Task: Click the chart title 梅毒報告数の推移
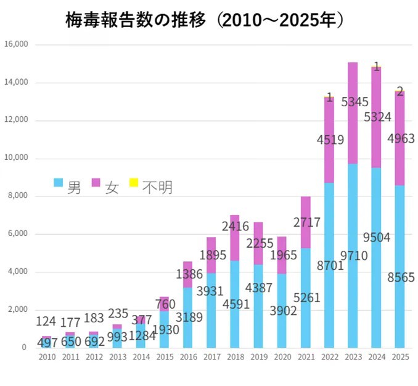(136, 20)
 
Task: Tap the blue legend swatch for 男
(59, 182)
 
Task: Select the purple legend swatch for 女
(96, 182)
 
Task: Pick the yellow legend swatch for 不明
(134, 182)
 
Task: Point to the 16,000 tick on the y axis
(16, 44)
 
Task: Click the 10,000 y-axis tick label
(16, 157)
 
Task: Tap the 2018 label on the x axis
(236, 357)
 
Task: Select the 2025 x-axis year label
(400, 357)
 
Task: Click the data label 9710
(354, 256)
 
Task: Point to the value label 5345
(355, 102)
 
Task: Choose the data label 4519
(330, 140)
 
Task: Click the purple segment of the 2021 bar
(306, 222)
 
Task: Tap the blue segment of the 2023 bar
(353, 256)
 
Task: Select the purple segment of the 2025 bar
(400, 138)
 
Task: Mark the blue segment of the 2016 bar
(187, 318)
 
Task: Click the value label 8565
(401, 277)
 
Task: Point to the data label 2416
(236, 227)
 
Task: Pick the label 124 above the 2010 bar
(46, 321)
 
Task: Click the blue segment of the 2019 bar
(258, 306)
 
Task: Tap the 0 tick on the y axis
(24, 347)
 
